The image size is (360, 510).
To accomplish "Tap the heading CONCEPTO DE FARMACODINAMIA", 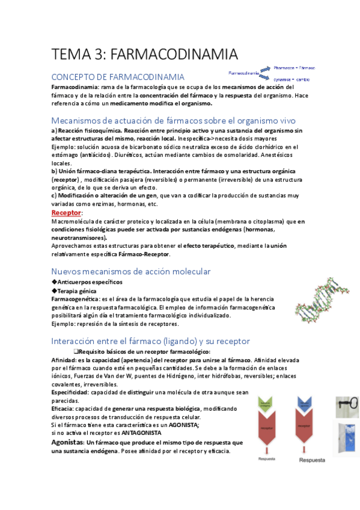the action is tap(118, 77).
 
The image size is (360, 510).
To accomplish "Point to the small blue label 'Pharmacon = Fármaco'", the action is tap(294, 68).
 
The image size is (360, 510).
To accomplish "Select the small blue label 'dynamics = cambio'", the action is tap(292, 79).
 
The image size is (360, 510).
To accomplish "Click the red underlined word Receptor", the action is tap(66, 214).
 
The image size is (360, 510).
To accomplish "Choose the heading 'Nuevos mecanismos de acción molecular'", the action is tap(131, 271).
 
